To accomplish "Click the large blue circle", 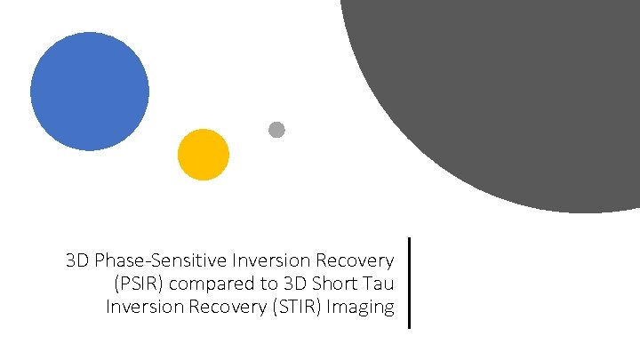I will click(89, 92).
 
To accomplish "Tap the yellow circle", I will click(204, 155).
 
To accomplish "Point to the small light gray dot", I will click(276, 130).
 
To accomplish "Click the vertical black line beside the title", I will click(409, 283).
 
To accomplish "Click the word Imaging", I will click(364, 308).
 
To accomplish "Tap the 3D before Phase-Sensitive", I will click(77, 261).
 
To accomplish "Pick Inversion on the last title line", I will click(140, 308).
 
